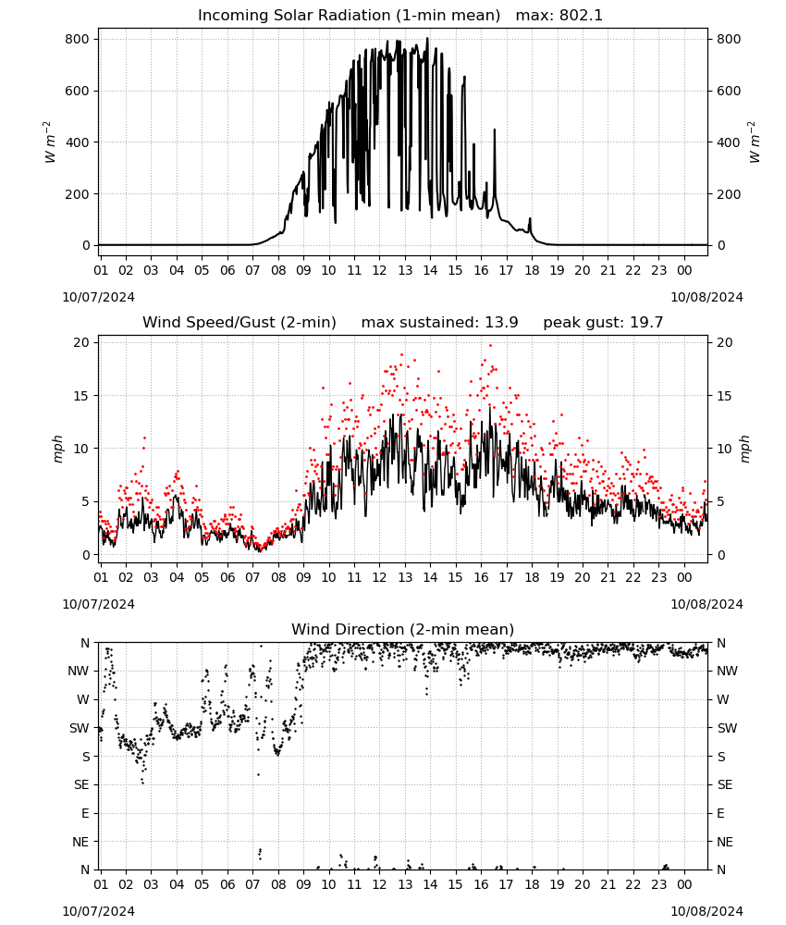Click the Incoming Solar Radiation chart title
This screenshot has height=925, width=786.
click(349, 16)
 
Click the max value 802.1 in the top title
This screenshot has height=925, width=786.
click(581, 16)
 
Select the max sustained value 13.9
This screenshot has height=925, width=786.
click(501, 323)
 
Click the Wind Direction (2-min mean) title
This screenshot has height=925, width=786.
click(403, 629)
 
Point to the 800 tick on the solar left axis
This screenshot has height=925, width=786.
click(78, 39)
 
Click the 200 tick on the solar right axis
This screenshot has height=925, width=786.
click(729, 194)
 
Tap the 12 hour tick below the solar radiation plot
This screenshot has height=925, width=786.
click(379, 270)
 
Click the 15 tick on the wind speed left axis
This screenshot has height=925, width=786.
click(81, 396)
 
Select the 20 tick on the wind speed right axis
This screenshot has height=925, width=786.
click(724, 343)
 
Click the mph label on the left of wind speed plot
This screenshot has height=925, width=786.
click(57, 449)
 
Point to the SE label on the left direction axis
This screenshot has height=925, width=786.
click(81, 785)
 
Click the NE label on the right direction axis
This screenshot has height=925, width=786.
click(725, 842)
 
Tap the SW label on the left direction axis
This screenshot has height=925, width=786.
click(80, 729)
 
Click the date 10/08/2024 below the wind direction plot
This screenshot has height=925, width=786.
click(706, 911)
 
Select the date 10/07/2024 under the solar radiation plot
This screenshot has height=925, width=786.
click(98, 297)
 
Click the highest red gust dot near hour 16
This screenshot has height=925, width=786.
click(490, 346)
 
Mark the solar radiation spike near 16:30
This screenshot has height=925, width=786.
click(495, 129)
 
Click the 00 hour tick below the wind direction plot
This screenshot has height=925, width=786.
click(684, 884)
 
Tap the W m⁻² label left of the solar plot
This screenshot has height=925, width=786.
click(50, 142)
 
